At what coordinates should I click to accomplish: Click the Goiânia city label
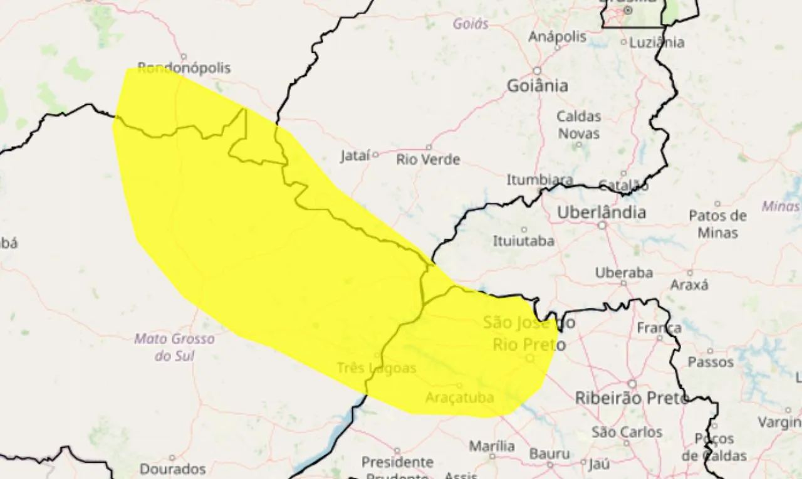point(537,86)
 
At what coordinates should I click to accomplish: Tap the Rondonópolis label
point(184,68)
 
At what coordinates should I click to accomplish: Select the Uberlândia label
point(601,213)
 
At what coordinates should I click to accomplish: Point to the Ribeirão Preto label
point(632,397)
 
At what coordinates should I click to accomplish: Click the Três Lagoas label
point(376,368)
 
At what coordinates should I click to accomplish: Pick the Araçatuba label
point(459,397)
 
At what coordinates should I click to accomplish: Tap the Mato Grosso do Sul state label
point(175,347)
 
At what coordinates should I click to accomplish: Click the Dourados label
point(172,468)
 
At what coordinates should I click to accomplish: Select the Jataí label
point(355,156)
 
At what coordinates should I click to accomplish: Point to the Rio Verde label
point(428,160)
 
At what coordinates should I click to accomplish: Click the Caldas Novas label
point(579,125)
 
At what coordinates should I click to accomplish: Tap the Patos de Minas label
point(717,224)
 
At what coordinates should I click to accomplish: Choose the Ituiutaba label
point(523,241)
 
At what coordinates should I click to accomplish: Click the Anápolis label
point(557,37)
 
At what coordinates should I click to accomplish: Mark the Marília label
point(492,446)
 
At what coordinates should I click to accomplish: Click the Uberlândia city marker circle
point(602,225)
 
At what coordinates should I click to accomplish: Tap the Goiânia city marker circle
point(537,71)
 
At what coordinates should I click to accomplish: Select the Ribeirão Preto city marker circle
point(632,384)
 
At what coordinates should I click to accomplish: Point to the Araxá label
point(689,285)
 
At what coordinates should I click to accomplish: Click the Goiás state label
point(470,24)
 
